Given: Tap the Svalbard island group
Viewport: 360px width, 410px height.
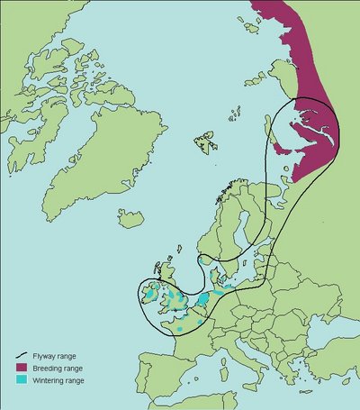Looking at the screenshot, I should [205, 141].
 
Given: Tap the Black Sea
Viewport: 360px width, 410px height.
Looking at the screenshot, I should [315, 347].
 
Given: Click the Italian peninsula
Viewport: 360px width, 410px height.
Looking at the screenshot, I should [230, 360].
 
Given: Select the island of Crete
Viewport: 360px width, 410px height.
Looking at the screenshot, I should [286, 405].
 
